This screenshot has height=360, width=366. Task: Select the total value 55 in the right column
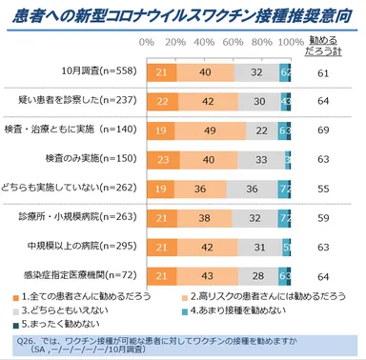[323, 190]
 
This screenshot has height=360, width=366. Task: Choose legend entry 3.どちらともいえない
[71, 310]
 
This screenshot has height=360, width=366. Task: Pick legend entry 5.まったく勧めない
[67, 325]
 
